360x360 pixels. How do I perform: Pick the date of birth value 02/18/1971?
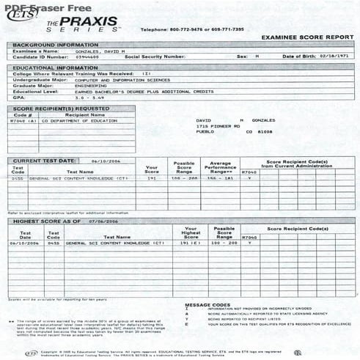click(x=334, y=56)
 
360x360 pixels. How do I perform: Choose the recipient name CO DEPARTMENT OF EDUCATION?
click(x=73, y=120)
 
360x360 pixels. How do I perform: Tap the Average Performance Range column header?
click(x=221, y=168)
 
